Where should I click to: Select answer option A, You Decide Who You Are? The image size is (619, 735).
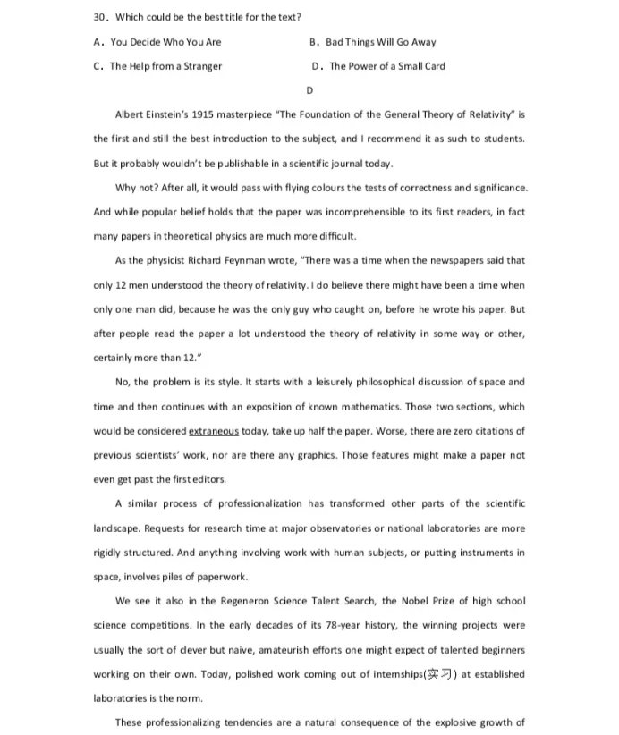pos(157,42)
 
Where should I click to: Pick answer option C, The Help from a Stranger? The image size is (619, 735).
pos(157,66)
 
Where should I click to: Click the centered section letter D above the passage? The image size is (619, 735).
pos(309,90)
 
